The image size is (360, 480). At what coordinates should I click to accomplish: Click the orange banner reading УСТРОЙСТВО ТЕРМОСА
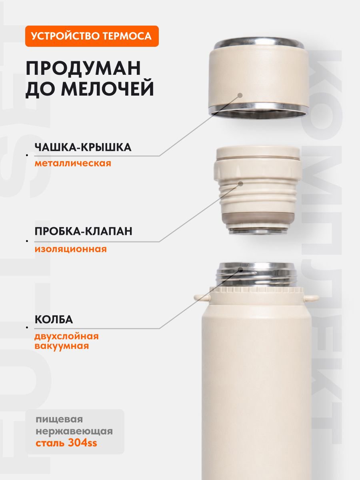(x=92, y=36)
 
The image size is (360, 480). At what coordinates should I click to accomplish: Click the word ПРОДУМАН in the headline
(x=83, y=68)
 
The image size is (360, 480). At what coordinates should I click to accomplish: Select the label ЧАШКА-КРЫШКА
(x=83, y=147)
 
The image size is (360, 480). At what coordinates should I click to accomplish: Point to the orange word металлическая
(x=73, y=163)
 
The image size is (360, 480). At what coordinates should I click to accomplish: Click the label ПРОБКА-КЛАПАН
(x=84, y=231)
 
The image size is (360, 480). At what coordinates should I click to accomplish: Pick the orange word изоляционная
(x=71, y=249)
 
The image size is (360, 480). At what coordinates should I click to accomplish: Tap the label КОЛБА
(x=54, y=320)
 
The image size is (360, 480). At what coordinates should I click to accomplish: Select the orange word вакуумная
(x=62, y=346)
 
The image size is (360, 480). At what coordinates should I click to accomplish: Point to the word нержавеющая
(x=74, y=431)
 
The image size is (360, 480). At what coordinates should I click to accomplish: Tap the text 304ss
(x=82, y=443)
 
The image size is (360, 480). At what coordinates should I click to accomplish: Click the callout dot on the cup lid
(x=240, y=95)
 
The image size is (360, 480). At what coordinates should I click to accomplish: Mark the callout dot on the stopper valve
(x=241, y=184)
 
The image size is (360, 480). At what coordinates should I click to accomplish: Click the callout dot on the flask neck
(x=241, y=270)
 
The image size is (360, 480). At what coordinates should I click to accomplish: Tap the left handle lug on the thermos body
(x=202, y=297)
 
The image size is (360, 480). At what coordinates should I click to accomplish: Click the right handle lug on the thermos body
(x=311, y=297)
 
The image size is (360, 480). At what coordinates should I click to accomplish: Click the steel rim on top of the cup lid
(x=259, y=44)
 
